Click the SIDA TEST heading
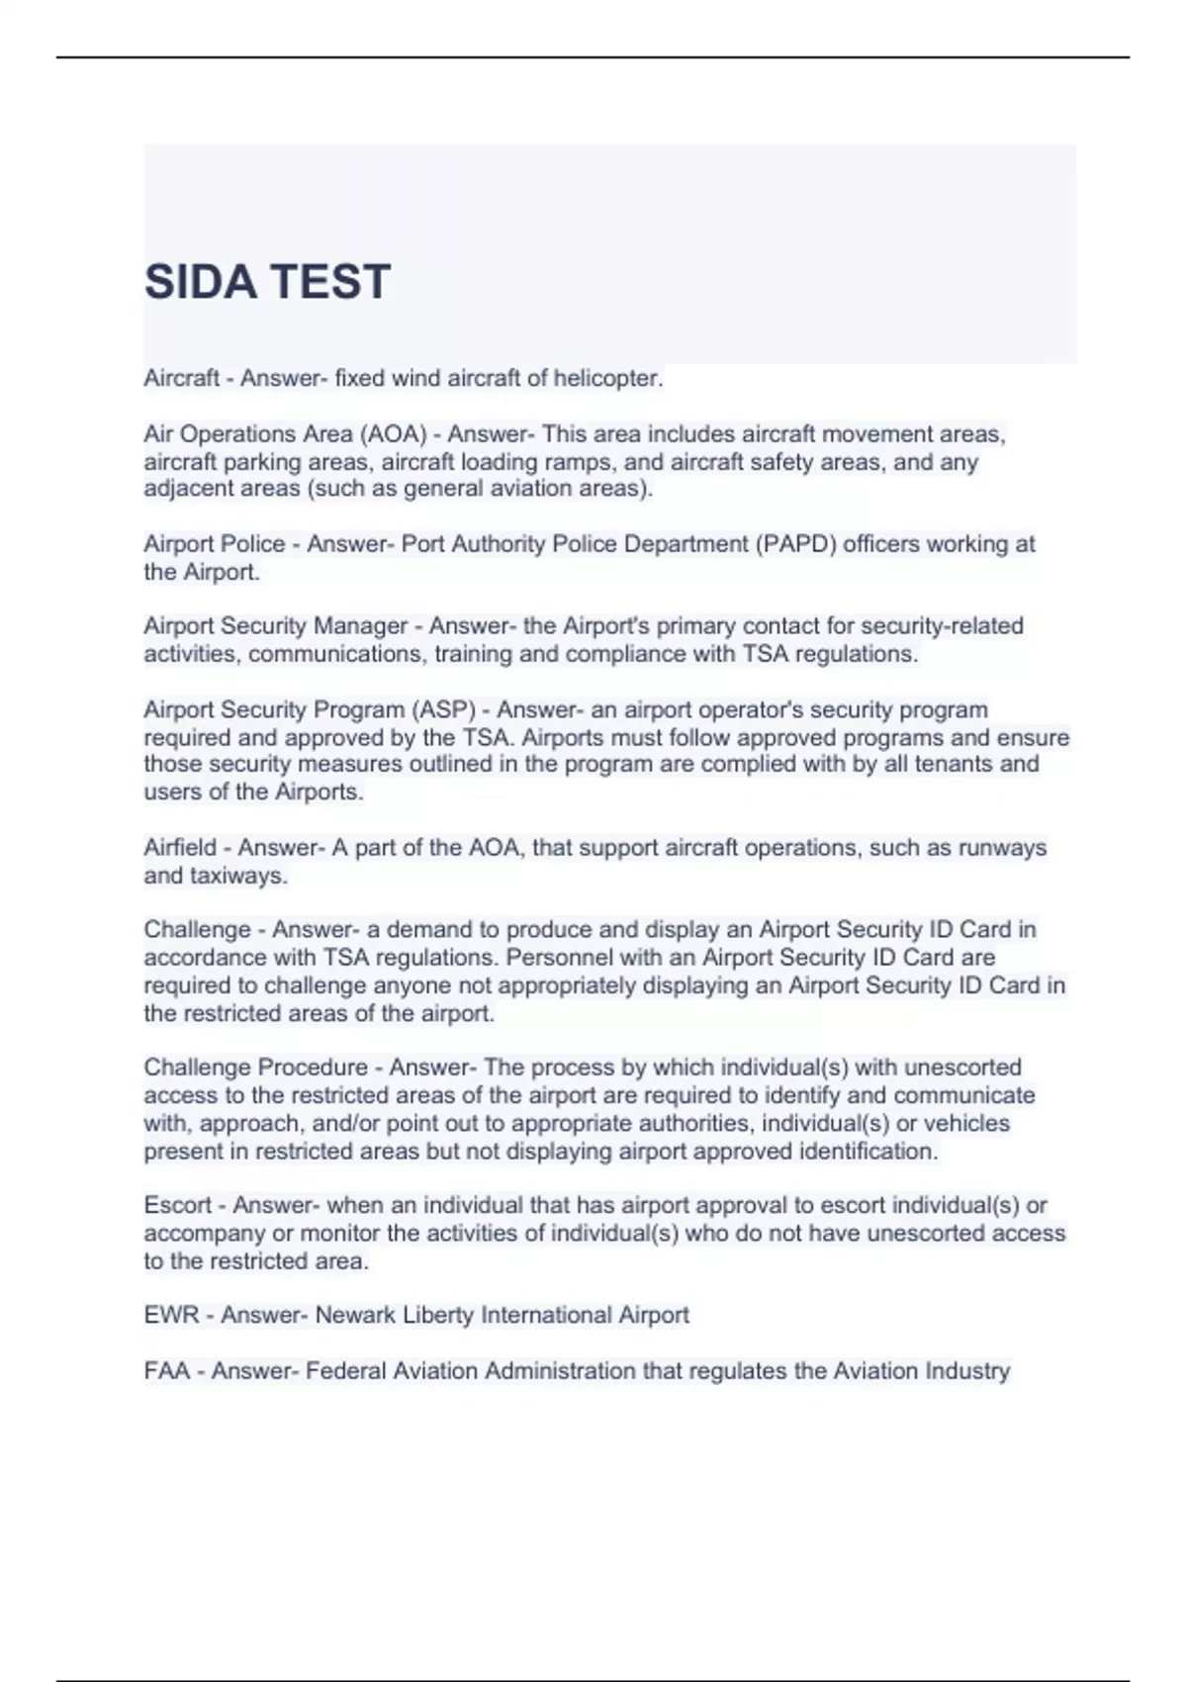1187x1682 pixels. [x=267, y=282]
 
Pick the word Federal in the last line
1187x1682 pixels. [x=346, y=1371]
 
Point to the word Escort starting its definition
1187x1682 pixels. [x=178, y=1206]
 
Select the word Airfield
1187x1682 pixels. [x=180, y=848]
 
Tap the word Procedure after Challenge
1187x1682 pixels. [x=312, y=1068]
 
